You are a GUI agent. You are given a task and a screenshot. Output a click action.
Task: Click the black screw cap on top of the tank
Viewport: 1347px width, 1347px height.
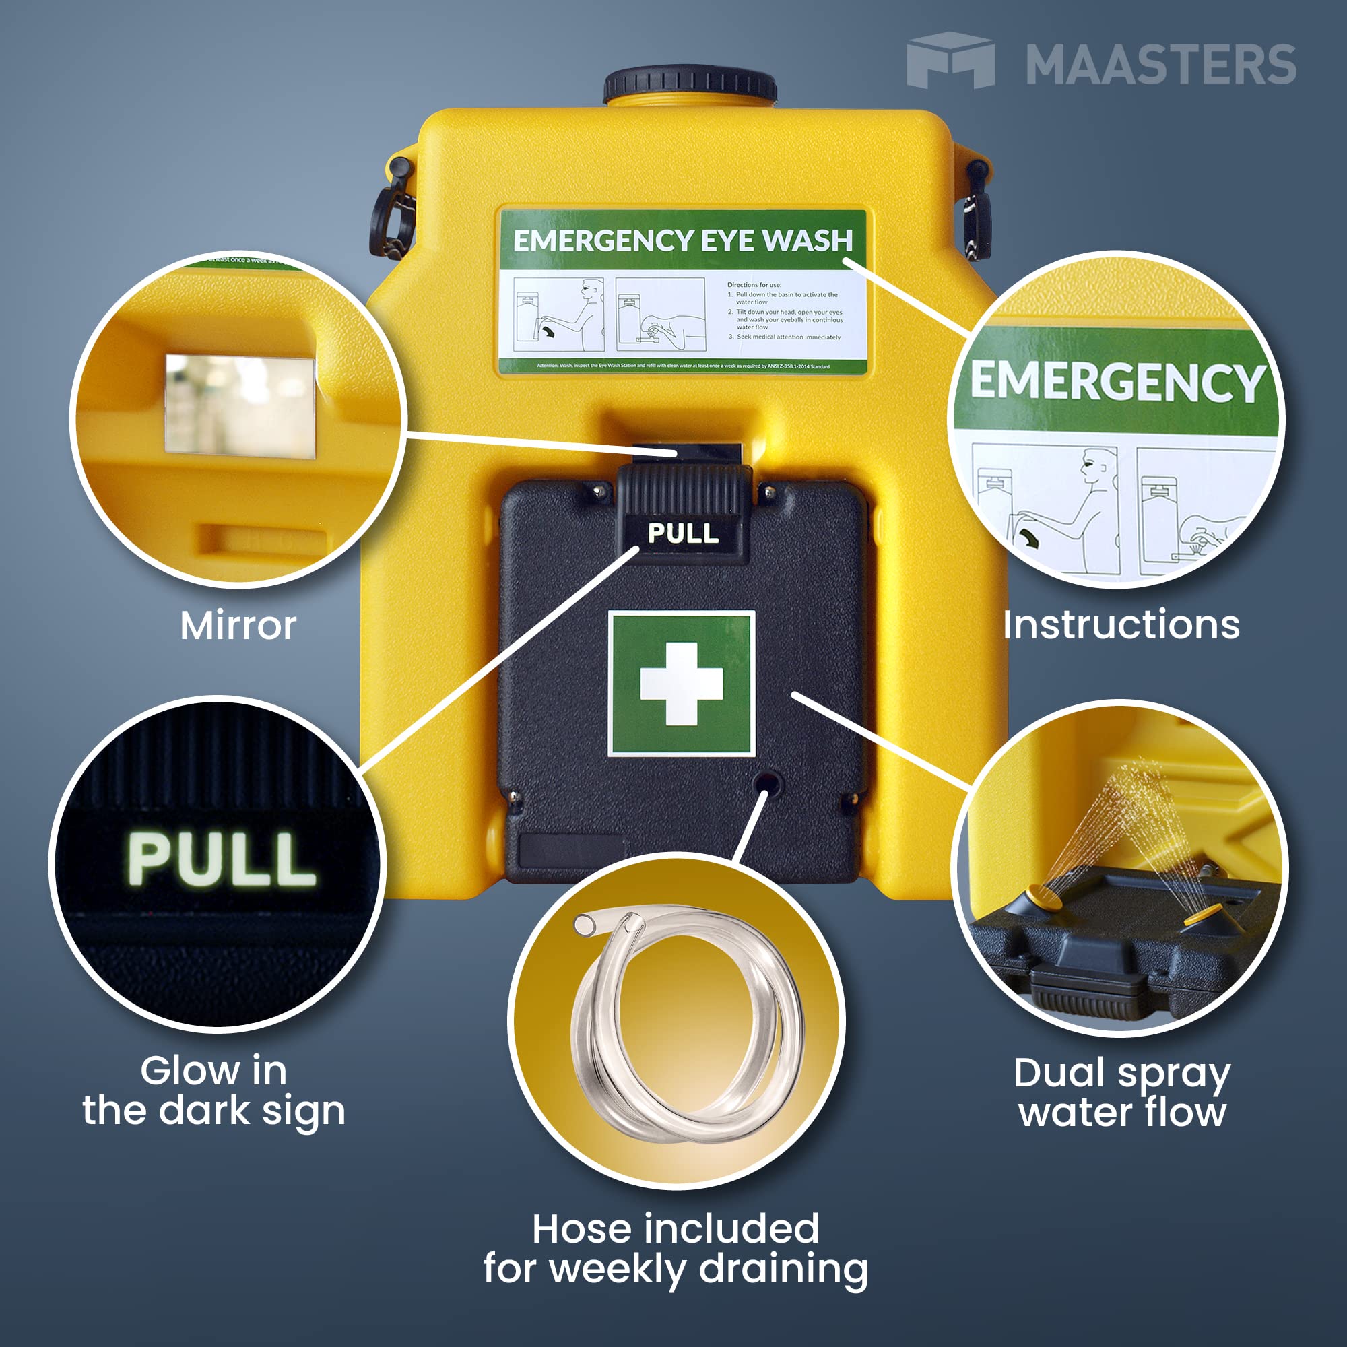690,86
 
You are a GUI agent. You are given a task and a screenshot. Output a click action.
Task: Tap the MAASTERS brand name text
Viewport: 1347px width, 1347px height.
1160,65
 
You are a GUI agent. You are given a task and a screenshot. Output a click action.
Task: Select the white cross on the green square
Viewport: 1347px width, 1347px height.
681,683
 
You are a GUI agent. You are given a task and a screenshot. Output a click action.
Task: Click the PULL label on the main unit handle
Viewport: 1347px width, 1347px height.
682,533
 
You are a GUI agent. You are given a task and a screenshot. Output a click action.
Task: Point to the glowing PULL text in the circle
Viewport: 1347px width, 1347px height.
221,859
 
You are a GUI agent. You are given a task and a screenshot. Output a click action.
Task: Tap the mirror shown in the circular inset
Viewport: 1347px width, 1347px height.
240,404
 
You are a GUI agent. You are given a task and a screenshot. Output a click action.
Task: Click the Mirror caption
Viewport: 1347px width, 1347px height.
238,626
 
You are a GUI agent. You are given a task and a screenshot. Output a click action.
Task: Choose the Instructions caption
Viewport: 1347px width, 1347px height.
1121,625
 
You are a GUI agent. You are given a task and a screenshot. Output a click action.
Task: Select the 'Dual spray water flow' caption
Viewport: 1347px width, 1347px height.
1122,1092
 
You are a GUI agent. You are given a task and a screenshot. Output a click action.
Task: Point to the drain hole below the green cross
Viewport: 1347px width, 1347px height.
768,783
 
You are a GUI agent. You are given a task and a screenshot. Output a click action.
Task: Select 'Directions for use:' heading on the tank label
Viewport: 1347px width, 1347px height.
754,284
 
